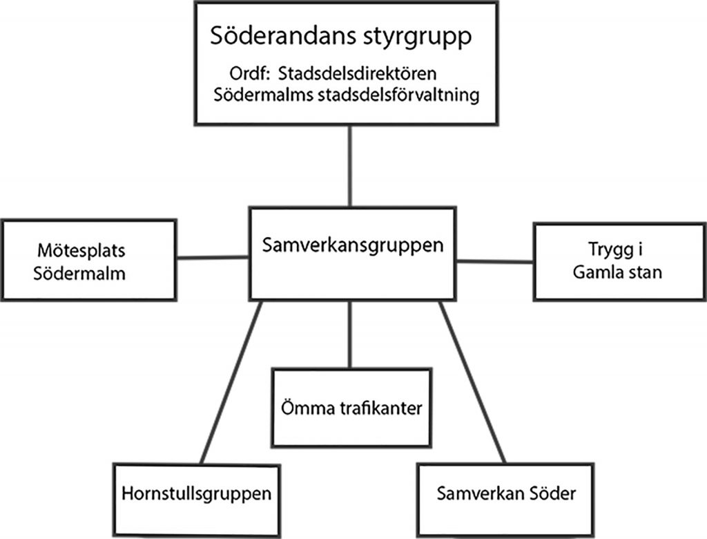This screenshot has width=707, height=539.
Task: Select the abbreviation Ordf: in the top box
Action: point(250,73)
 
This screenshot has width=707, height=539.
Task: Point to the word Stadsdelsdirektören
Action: point(357,73)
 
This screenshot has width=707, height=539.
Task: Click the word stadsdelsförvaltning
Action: point(398,95)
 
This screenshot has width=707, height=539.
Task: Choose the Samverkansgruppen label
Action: point(353,245)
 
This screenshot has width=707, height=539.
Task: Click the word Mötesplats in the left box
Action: point(81,251)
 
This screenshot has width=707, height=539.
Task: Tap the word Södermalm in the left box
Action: point(79,274)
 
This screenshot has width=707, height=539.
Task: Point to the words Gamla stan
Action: point(617,272)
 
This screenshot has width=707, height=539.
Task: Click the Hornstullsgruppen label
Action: point(196,494)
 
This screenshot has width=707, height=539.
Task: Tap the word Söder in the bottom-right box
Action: point(553,493)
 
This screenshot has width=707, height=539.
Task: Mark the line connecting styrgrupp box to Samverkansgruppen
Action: point(350,166)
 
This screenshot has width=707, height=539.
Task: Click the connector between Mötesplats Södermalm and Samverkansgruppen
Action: point(213,258)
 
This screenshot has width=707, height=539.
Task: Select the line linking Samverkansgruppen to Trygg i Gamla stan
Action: point(494,261)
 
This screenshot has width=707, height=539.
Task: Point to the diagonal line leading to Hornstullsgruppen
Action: point(231,382)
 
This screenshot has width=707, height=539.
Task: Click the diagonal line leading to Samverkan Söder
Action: point(472,382)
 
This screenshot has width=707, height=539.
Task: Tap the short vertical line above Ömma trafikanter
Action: point(350,334)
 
